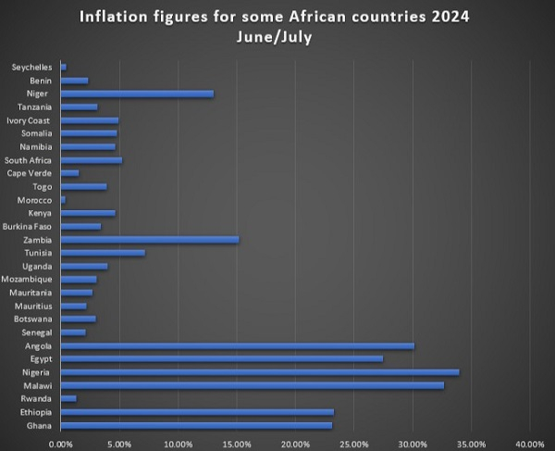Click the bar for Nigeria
click(259, 372)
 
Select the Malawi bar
click(252, 385)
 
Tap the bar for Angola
click(237, 345)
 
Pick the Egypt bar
click(221, 358)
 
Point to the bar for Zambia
click(149, 239)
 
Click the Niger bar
click(137, 94)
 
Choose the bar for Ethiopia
click(197, 412)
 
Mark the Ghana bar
click(196, 425)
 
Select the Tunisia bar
click(103, 253)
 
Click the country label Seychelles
click(33, 68)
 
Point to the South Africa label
click(30, 160)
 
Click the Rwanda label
click(38, 399)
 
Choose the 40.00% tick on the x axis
click(529, 443)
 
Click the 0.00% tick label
click(61, 443)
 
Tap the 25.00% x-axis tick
click(353, 443)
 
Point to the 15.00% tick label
click(236, 443)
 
